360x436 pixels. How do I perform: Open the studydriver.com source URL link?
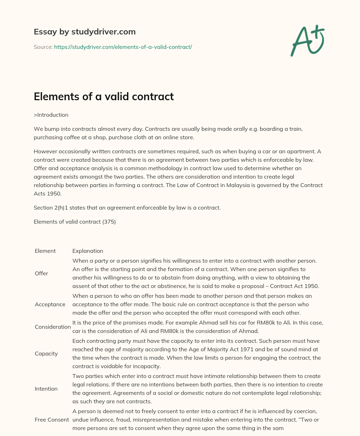tap(123, 47)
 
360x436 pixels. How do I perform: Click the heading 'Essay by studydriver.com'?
tap(84, 32)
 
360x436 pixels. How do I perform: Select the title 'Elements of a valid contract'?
tap(104, 96)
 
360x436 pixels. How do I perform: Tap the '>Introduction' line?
tap(51, 115)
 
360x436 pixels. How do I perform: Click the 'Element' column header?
tap(45, 251)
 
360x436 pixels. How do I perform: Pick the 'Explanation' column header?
tap(88, 251)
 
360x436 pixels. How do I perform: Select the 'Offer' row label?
tap(41, 273)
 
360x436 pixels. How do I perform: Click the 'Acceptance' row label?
tap(50, 304)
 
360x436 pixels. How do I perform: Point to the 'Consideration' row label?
tap(53, 327)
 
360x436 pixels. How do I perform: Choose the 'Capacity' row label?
tap(46, 353)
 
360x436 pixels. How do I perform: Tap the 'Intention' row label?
tap(46, 389)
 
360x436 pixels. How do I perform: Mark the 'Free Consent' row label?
tap(52, 419)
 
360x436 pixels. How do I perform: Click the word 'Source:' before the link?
tap(43, 47)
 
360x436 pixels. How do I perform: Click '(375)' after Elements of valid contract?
tap(109, 222)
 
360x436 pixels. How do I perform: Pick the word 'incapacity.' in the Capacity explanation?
tap(146, 366)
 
